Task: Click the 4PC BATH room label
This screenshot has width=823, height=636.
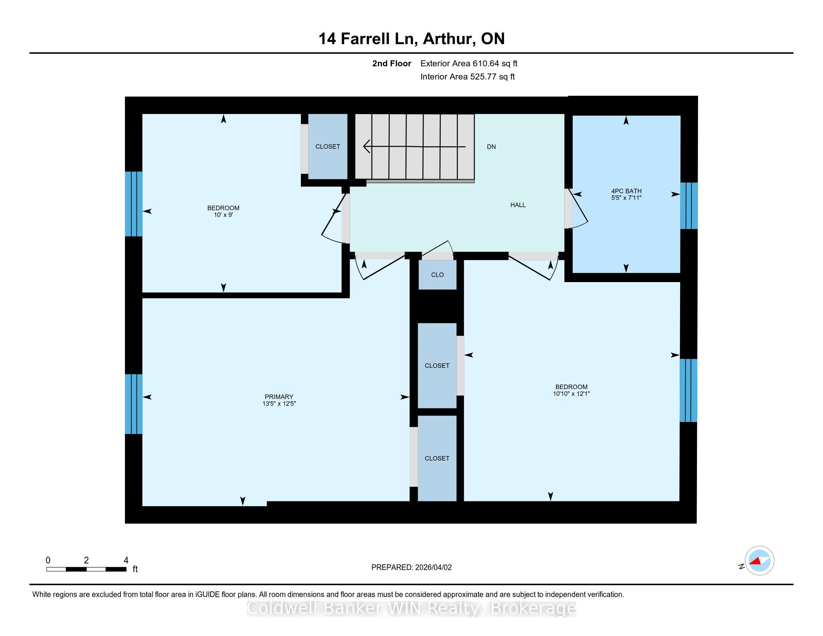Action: point(626,191)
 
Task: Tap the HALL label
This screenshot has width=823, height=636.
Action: point(518,205)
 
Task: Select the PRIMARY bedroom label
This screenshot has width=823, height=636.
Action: point(279,397)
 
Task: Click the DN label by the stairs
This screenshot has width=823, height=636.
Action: point(491,147)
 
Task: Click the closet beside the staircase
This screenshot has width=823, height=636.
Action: point(328,147)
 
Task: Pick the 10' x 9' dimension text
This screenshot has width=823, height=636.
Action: point(223,215)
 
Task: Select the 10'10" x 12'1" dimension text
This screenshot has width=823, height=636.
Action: point(571,394)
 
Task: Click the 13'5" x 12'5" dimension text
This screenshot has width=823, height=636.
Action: point(279,404)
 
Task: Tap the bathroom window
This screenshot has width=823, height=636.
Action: point(689,206)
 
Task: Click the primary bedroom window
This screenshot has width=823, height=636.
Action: point(134,404)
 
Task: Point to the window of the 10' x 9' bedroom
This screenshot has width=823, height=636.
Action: point(134,204)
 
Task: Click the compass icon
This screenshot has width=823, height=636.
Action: point(759,560)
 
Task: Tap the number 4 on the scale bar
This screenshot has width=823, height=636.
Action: point(126,560)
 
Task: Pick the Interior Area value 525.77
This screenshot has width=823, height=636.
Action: point(482,77)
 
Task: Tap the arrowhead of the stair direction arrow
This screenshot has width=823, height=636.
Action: point(366,146)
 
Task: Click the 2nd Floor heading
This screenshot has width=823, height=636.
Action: point(392,64)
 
